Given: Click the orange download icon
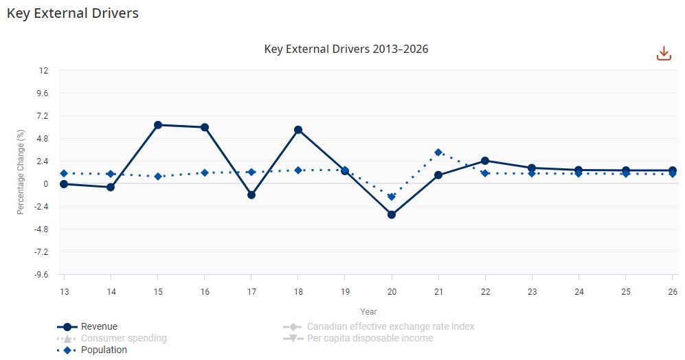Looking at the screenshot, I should click(x=664, y=54).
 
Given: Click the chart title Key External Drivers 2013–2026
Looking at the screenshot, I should click(x=346, y=49).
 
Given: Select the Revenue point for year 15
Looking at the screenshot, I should click(x=157, y=125).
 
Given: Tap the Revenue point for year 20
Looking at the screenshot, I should click(x=392, y=215).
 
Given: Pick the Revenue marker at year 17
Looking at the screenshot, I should click(x=251, y=195).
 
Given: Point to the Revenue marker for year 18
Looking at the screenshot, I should click(x=298, y=130).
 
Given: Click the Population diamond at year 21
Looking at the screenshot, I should click(x=438, y=153).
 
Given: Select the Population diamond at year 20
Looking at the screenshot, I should click(x=392, y=197).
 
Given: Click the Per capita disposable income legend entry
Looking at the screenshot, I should click(x=370, y=338).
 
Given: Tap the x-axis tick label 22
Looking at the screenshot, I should click(x=485, y=292).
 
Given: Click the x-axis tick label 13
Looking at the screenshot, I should click(x=64, y=292).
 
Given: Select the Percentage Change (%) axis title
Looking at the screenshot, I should click(x=21, y=172).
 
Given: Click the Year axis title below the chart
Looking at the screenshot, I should click(x=368, y=311).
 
